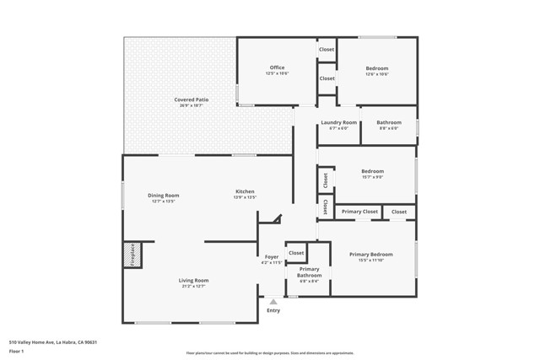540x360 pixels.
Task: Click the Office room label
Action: point(277,67)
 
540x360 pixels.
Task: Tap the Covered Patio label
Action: point(192,99)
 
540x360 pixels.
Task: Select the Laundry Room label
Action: point(338,122)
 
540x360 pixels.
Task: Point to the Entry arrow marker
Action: point(273,301)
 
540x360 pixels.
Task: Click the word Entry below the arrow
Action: point(273,310)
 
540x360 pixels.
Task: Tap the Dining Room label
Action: point(164,195)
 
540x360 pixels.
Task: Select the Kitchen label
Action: point(245,191)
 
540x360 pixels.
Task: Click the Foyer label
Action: point(272,256)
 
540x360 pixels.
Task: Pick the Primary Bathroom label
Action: point(309,272)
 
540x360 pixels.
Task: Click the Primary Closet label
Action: point(359,212)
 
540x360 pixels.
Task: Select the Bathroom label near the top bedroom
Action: point(390,122)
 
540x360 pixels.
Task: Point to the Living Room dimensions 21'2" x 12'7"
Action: point(192,287)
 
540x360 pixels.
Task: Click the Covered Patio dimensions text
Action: point(192,106)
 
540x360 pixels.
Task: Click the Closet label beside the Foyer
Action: point(296,252)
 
